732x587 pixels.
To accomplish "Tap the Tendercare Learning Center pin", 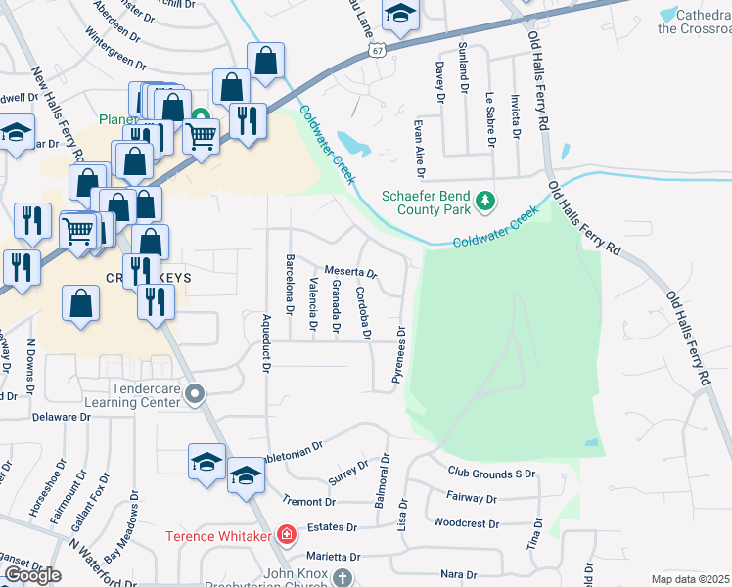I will pyautogui.click(x=195, y=395).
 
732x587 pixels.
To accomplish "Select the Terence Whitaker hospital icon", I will pyautogui.click(x=286, y=534).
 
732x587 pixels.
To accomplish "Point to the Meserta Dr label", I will pyautogui.click(x=350, y=272).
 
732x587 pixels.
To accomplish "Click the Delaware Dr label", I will pyautogui.click(x=60, y=417).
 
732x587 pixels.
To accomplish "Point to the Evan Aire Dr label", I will pyautogui.click(x=418, y=146).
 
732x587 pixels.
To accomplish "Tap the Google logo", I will pyautogui.click(x=32, y=574).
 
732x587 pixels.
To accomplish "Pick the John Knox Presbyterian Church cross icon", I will pyautogui.click(x=342, y=577).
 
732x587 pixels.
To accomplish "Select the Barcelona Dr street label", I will pyautogui.click(x=290, y=285).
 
